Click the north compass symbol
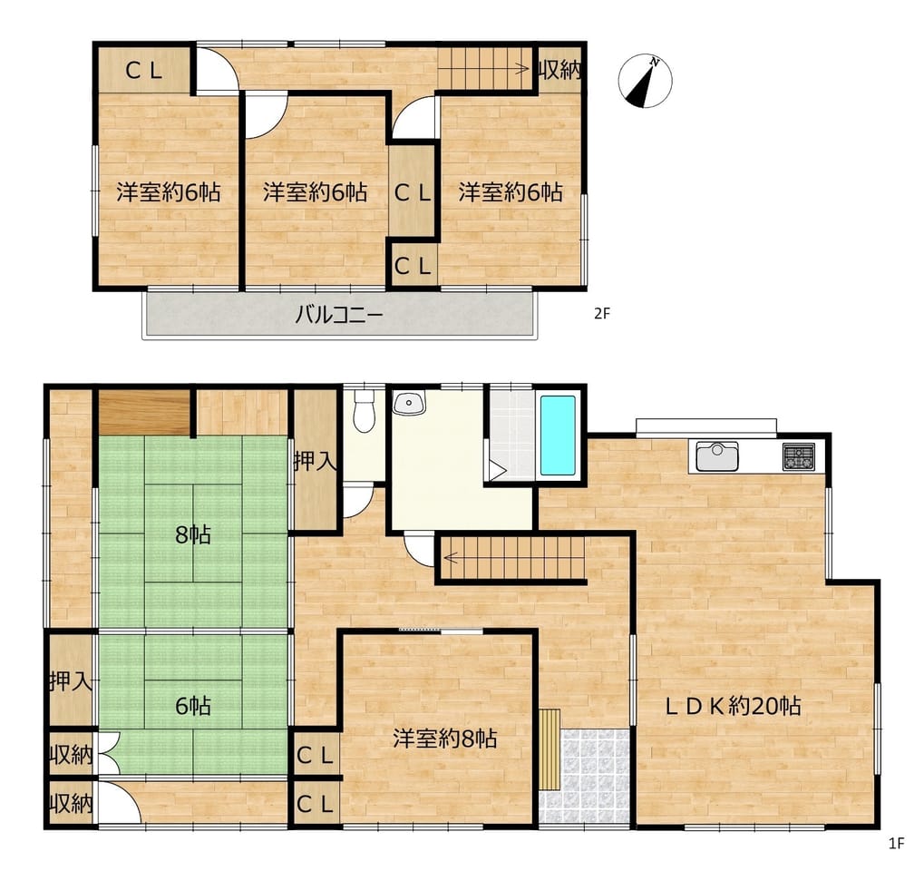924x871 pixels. (646, 81)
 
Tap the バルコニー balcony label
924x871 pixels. (339, 314)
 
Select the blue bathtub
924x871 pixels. (558, 435)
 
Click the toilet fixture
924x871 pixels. (365, 410)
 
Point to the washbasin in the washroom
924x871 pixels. (409, 404)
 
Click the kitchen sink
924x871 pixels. (717, 455)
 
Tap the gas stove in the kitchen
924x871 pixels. (799, 456)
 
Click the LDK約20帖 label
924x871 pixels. (733, 705)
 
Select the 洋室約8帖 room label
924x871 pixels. (445, 739)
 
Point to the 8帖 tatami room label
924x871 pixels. (193, 535)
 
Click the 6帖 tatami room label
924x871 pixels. (193, 705)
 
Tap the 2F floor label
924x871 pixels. (602, 314)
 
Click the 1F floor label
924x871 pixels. (896, 844)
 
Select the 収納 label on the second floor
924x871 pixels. (560, 71)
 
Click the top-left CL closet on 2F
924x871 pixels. (144, 70)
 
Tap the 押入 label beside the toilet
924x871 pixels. (316, 461)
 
